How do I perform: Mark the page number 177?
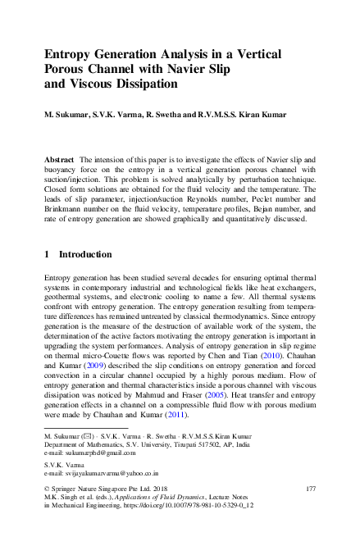point(310,489)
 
